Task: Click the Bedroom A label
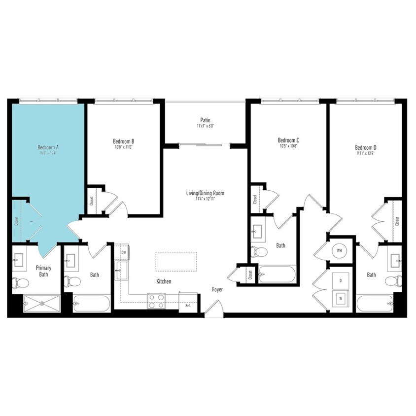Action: point(48,147)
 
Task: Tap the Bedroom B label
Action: point(123,141)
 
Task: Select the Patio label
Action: point(206,120)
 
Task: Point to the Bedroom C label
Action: point(288,140)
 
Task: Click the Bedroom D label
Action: point(365,147)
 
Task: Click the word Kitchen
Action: point(164,281)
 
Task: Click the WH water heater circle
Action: point(339,250)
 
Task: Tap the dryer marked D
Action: point(340,281)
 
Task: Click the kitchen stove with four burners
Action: point(156,301)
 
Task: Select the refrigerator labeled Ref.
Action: point(188,305)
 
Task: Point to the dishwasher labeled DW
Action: point(123,252)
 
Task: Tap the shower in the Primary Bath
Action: point(42,303)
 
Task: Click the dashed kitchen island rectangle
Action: point(176,261)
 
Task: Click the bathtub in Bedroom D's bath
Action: point(376,303)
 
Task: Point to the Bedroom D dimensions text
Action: point(365,153)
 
